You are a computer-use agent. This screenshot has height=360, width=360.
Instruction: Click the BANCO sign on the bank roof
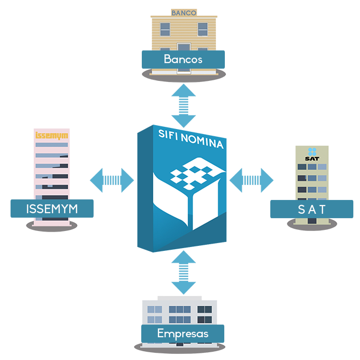(184, 13)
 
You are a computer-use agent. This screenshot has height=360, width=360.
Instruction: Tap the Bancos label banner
(183, 59)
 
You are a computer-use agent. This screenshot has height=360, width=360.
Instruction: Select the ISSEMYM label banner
(52, 208)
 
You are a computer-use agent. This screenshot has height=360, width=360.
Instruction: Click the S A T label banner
(312, 209)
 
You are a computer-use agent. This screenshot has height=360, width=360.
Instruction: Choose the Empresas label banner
(183, 333)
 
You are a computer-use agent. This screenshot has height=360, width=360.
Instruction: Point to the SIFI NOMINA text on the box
(191, 139)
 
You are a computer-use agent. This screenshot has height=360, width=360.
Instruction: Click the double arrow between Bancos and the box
(183, 106)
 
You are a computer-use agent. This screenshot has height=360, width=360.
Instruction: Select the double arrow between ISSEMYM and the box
(112, 180)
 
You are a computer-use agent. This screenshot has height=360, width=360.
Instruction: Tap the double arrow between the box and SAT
(251, 180)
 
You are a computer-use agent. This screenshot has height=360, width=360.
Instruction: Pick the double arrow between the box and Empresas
(183, 272)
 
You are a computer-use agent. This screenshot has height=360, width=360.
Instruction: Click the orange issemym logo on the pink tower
(52, 136)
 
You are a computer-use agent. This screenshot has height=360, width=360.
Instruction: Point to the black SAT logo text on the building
(312, 158)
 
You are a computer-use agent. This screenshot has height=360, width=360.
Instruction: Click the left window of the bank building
(165, 29)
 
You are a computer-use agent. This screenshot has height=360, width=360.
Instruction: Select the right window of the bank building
(203, 29)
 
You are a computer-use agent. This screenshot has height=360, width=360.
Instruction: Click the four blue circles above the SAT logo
(312, 152)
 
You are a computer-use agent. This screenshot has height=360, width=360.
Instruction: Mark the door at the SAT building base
(312, 221)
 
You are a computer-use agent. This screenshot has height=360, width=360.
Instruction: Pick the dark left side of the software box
(145, 188)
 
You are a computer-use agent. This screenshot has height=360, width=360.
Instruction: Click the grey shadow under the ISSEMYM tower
(52, 226)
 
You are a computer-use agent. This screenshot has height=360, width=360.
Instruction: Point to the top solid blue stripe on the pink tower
(52, 145)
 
